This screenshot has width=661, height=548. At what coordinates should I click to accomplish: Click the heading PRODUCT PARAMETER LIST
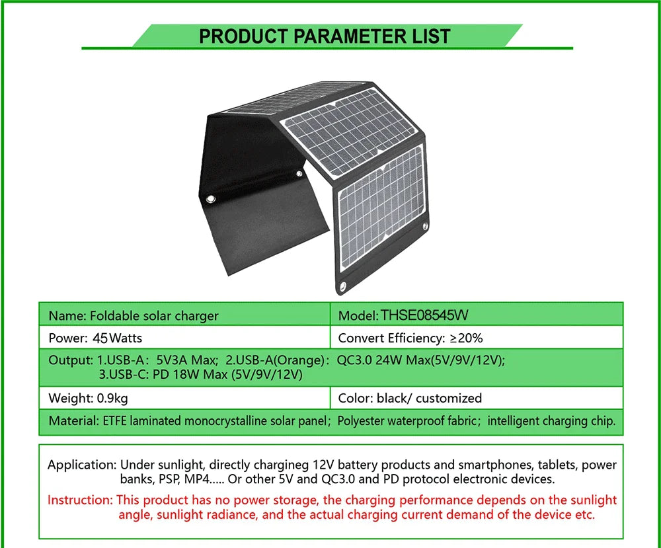point(325,36)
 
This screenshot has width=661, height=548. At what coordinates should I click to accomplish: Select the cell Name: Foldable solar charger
point(133,316)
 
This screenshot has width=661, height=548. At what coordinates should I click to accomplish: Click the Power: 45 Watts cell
point(95,338)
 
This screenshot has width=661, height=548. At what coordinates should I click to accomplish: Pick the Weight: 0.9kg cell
point(88,398)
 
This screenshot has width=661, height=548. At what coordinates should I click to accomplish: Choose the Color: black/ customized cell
point(409,398)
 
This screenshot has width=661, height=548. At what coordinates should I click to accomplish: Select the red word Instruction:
point(80,500)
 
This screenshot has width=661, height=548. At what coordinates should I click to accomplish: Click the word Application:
point(82,465)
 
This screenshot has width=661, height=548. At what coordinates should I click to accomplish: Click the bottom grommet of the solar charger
point(344,286)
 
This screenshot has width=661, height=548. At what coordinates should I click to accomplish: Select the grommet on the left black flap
point(212,199)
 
